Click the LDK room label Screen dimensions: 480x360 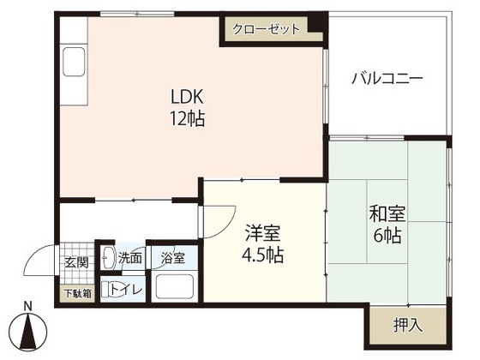(187, 97)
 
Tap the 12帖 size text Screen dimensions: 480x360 (188, 118)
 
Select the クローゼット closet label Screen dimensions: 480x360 (266, 29)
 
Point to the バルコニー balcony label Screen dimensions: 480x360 (387, 78)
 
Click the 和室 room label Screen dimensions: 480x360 (387, 214)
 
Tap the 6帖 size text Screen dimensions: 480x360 (387, 235)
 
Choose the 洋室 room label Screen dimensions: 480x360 (262, 233)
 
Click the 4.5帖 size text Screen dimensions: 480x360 (262, 255)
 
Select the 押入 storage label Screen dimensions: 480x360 (408, 325)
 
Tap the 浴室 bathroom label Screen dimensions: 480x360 (173, 258)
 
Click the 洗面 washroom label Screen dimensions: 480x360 (130, 258)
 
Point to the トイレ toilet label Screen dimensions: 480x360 (126, 290)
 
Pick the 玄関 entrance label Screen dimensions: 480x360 (77, 262)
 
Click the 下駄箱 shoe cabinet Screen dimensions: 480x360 (78, 294)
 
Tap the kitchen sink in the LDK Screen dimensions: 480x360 (74, 62)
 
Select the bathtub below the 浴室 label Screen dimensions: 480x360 (175, 287)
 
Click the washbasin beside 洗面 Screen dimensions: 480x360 (108, 257)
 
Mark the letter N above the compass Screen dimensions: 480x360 (28, 306)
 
